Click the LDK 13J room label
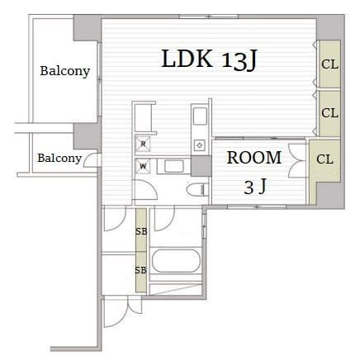[209, 59]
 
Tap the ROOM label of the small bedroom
[254, 158]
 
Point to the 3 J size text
[255, 186]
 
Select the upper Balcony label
[65, 71]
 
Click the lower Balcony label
[59, 158]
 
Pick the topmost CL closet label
[329, 64]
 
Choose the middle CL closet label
[329, 113]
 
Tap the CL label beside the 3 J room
[324, 159]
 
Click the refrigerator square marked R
[143, 144]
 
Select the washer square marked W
[143, 166]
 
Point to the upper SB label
[141, 232]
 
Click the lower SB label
[141, 270]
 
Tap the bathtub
[176, 261]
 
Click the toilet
[197, 190]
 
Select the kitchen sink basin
[200, 116]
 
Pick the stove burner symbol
[200, 145]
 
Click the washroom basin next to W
[174, 166]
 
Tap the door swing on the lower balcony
[91, 160]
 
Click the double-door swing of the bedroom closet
[296, 161]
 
